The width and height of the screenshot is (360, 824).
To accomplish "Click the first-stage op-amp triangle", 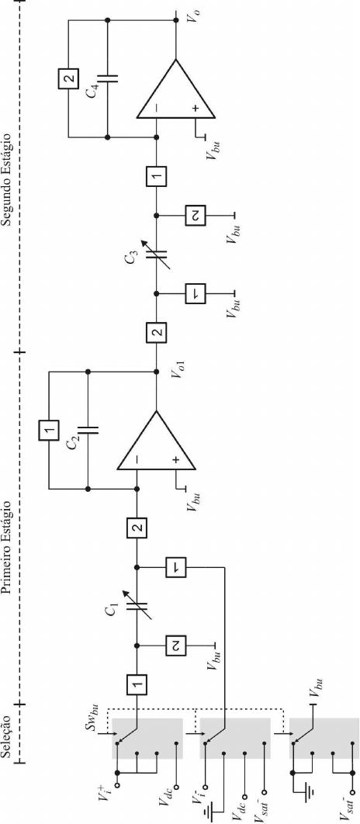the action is point(156,440).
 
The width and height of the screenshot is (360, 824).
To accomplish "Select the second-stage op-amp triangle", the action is point(175,88).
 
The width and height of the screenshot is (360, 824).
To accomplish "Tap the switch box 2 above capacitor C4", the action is point(67,78).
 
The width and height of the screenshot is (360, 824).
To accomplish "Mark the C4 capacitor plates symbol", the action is point(107,78).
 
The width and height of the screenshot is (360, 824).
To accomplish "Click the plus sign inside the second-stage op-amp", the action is point(196,109).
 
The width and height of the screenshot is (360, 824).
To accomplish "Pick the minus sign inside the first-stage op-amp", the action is point(137,459).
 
